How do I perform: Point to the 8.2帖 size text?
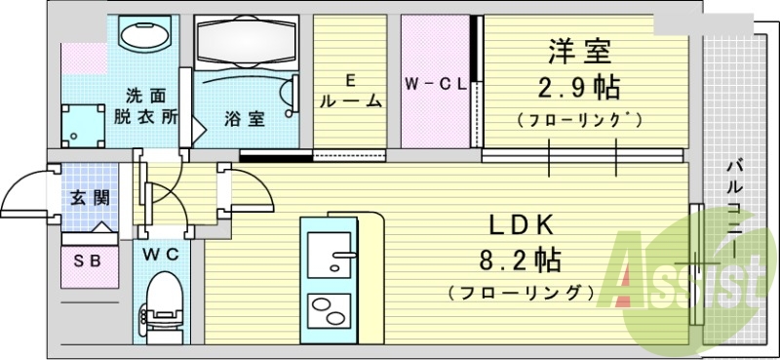521,260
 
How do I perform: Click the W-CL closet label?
435,86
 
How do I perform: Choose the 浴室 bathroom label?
244,119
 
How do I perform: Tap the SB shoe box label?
88,260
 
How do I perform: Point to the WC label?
161,255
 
